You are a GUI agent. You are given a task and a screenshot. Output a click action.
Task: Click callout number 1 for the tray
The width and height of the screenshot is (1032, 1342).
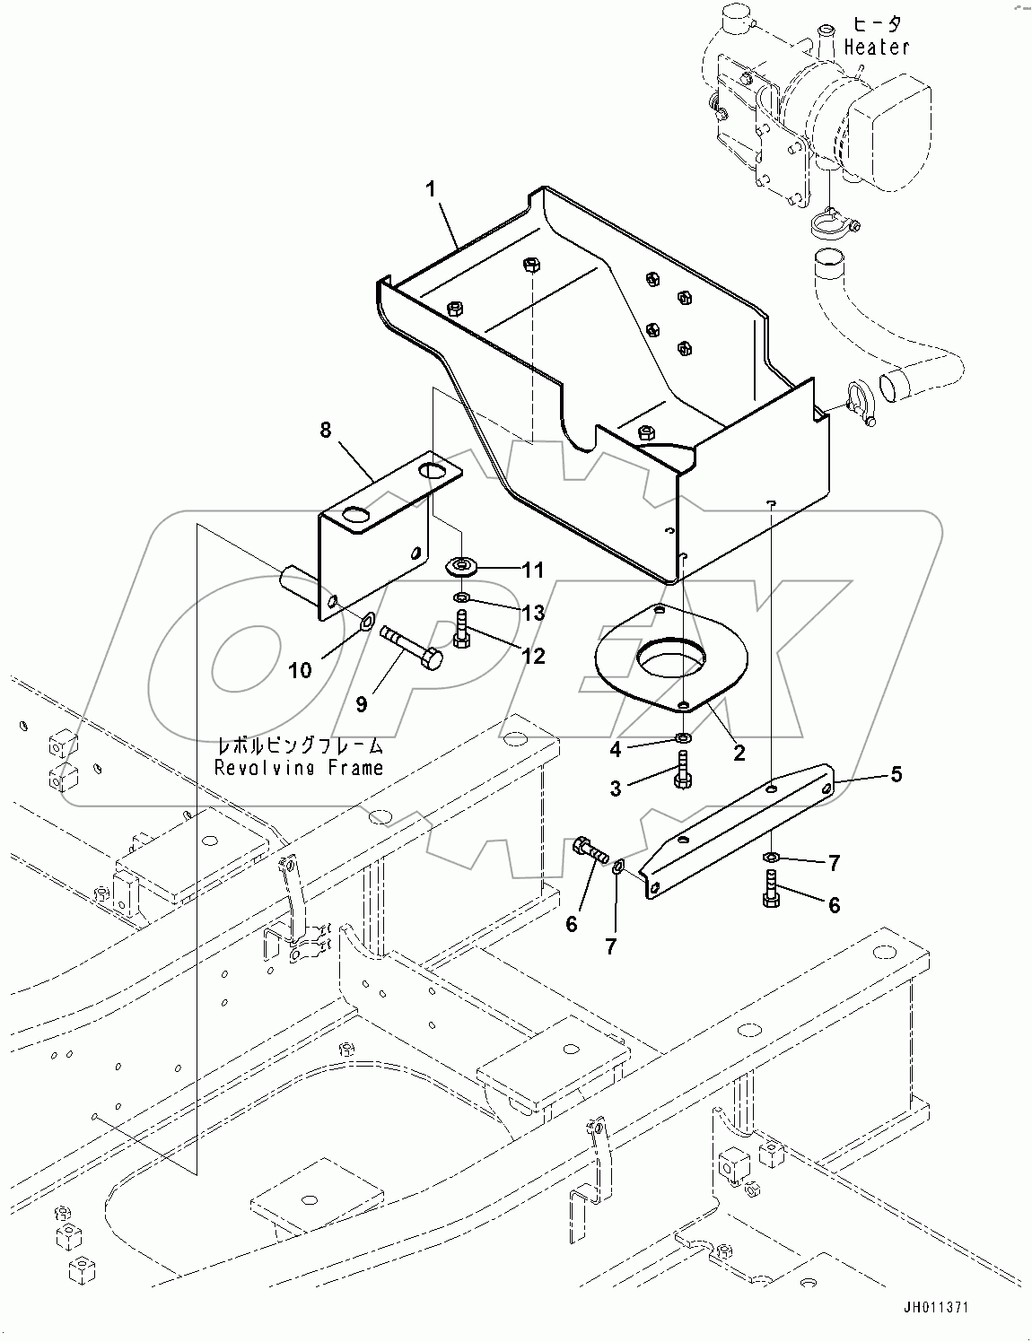(431, 189)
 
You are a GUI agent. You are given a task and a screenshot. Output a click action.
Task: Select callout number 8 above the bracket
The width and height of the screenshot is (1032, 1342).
(325, 431)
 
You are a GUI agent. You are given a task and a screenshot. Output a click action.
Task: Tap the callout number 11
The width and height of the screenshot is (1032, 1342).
(533, 570)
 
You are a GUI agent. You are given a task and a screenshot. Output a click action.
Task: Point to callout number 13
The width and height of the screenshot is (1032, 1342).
(533, 613)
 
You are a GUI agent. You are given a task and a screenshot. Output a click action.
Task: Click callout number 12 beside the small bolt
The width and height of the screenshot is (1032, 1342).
(533, 656)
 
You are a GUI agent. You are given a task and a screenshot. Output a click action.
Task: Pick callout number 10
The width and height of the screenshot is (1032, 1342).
(300, 670)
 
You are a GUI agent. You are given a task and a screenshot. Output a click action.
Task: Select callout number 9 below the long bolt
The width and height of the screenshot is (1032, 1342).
(361, 704)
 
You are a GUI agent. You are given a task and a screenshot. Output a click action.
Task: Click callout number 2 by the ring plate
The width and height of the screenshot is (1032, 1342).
(739, 753)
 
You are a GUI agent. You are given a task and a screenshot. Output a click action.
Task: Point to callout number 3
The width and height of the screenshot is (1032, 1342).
(616, 789)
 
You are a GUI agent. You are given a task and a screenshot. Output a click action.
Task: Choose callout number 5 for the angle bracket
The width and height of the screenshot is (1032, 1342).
(896, 773)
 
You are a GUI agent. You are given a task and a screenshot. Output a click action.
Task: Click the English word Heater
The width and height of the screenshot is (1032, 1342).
(876, 47)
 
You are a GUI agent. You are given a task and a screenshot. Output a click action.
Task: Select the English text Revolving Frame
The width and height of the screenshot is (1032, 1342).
(298, 768)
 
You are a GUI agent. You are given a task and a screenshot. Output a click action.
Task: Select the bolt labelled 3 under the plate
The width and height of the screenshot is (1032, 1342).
(681, 771)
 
